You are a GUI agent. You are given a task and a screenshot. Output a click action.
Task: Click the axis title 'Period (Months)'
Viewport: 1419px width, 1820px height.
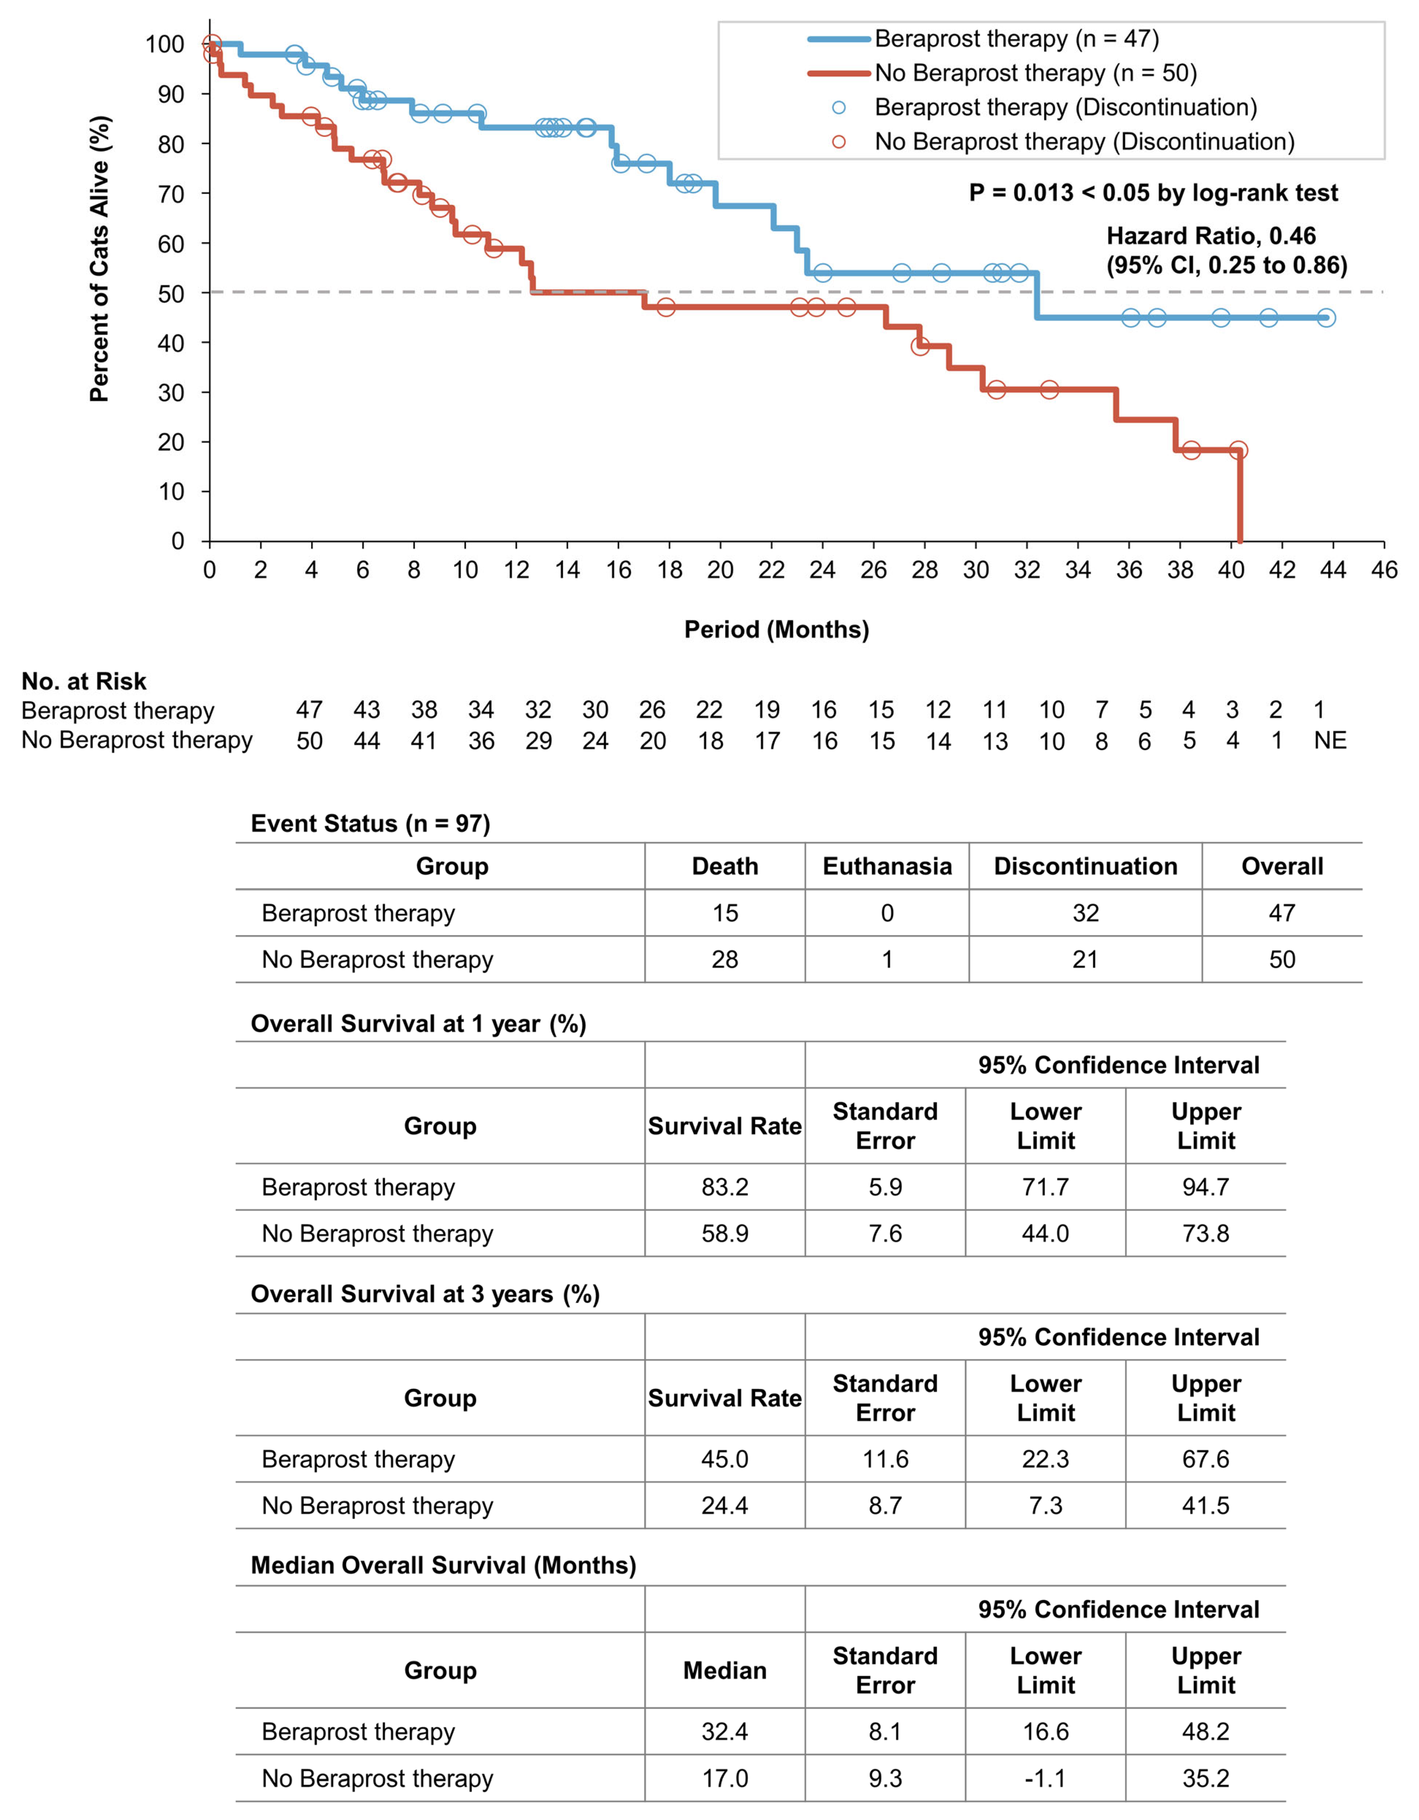[x=776, y=629]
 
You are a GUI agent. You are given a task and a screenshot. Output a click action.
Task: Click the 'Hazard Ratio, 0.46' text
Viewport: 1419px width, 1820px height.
[x=1211, y=236]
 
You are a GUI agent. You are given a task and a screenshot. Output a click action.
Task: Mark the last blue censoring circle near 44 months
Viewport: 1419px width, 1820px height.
[x=1325, y=317]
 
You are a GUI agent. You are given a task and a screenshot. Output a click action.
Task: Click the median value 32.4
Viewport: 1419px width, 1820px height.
[x=724, y=1732]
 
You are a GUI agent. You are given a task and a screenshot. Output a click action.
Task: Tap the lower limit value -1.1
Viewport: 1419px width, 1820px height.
[x=1045, y=1778]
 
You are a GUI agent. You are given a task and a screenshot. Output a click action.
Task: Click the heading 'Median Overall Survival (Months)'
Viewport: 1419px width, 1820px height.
[x=443, y=1565]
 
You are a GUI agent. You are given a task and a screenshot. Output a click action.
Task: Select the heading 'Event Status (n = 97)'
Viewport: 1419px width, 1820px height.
[x=370, y=823]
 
